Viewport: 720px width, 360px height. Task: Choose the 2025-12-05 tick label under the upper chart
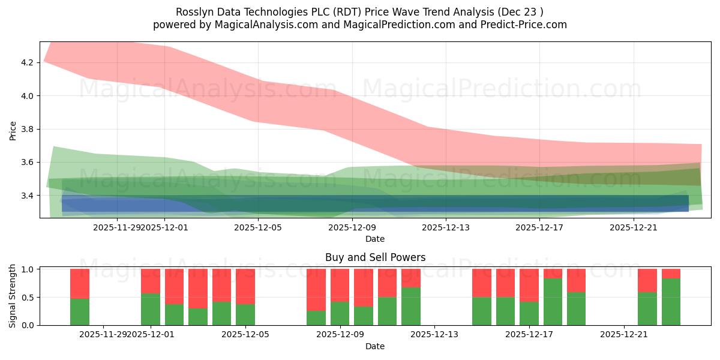(x=257, y=227)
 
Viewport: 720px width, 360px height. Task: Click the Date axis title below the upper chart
(x=375, y=239)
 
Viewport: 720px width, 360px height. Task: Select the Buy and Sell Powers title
(x=375, y=257)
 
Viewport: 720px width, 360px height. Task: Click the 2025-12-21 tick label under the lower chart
(x=624, y=335)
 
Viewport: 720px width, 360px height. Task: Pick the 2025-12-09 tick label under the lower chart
(x=340, y=335)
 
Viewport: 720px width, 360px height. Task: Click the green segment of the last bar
(x=671, y=302)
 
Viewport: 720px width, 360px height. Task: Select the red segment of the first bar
(x=80, y=283)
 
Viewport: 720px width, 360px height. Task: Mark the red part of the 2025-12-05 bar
(x=245, y=286)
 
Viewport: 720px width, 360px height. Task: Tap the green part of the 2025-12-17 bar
(x=529, y=313)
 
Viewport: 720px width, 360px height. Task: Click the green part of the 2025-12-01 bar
(x=151, y=309)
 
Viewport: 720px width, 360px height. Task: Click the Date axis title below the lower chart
(x=375, y=346)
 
